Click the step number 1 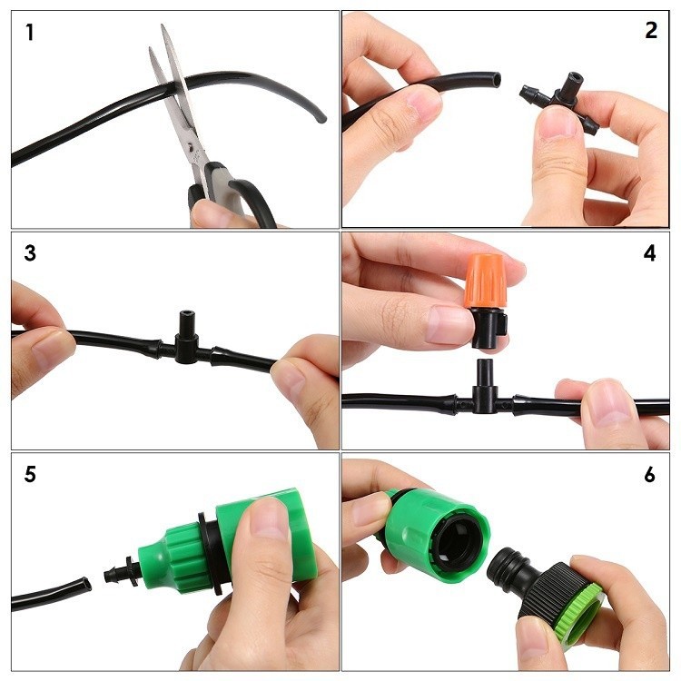pos(30,33)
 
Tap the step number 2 pos(651,30)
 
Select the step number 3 pos(30,253)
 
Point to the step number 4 pos(649,253)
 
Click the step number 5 pos(30,474)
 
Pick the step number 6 pos(649,475)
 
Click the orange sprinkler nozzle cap pos(486,281)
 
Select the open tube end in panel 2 pos(496,79)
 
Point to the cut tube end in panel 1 pos(321,118)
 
